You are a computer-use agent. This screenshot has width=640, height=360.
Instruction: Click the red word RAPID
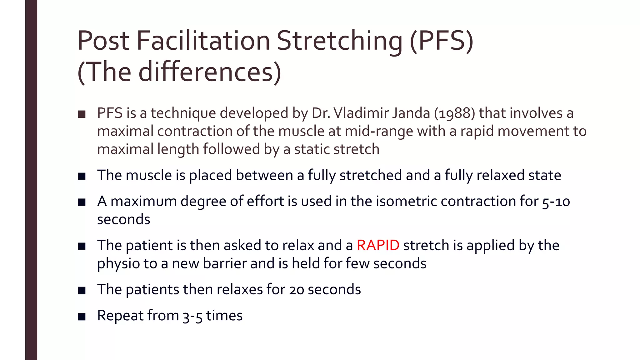point(378,246)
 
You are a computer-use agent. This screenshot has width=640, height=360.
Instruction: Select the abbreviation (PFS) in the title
point(442,41)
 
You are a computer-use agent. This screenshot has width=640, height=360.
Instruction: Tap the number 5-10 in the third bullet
point(556,202)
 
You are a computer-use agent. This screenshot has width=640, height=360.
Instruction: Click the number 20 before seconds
point(297,290)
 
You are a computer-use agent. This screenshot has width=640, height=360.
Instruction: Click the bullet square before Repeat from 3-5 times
point(82,317)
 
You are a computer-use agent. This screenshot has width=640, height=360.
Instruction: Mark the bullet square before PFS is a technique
point(82,114)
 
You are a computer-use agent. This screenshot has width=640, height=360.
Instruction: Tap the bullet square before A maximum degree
point(82,202)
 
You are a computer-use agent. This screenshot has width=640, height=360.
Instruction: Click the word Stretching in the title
point(340,41)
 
